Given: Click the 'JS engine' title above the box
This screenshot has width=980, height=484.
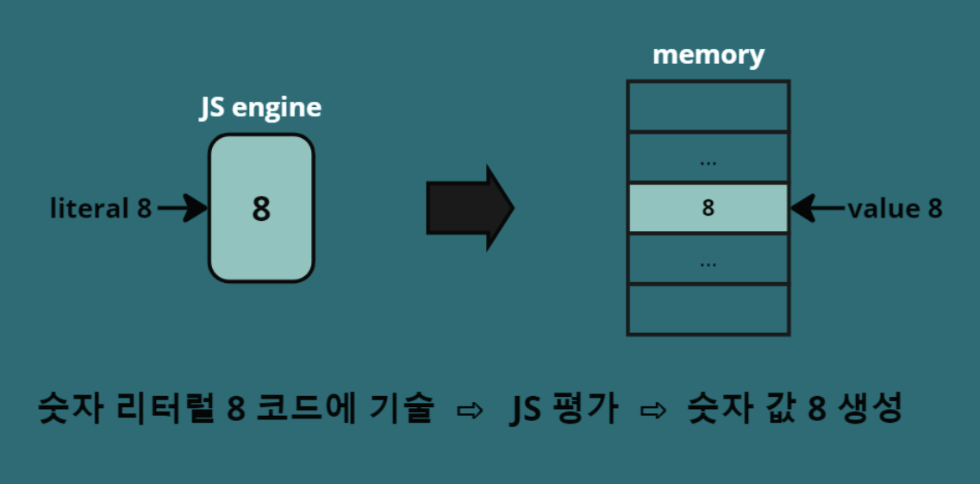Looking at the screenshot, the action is pyautogui.click(x=260, y=109).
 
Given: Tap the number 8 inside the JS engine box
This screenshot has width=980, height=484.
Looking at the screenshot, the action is pyautogui.click(x=261, y=209).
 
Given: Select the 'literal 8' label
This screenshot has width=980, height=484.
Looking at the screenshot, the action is pyautogui.click(x=101, y=209).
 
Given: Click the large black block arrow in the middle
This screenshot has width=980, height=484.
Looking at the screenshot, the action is pyautogui.click(x=470, y=208).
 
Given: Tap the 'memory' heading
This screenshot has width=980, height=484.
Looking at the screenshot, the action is pyautogui.click(x=708, y=55).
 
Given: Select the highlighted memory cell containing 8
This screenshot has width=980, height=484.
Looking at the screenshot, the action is pyautogui.click(x=708, y=208).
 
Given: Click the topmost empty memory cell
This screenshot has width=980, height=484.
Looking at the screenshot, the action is pyautogui.click(x=708, y=106).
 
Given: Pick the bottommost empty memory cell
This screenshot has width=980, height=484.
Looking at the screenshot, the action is pyautogui.click(x=708, y=311).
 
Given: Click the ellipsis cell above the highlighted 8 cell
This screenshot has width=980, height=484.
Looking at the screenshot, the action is pyautogui.click(x=708, y=158).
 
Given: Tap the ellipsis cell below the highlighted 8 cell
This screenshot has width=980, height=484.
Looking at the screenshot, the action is pyautogui.click(x=708, y=260).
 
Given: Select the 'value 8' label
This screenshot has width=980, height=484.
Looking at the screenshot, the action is pyautogui.click(x=895, y=209).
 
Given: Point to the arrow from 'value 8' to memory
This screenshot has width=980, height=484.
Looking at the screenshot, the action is pyautogui.click(x=818, y=209).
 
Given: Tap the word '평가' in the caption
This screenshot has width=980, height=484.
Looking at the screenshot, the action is pyautogui.click(x=584, y=410).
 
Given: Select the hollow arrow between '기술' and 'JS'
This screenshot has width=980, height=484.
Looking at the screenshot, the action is pyautogui.click(x=470, y=411).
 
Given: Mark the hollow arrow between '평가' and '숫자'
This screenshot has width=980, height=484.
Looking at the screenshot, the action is pyautogui.click(x=653, y=411).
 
